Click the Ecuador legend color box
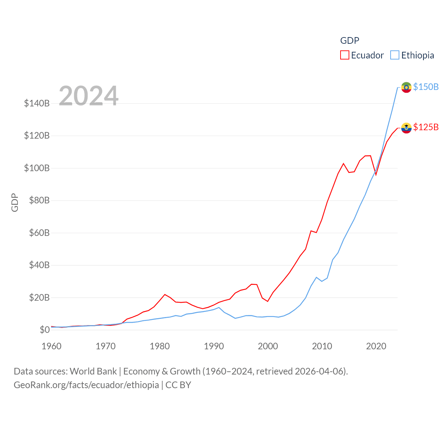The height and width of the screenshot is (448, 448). [345, 55]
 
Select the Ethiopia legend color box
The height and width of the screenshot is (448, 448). [395, 55]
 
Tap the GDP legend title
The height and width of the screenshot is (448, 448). [350, 41]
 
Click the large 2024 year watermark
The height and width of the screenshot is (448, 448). [89, 96]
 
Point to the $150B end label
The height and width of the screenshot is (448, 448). [426, 87]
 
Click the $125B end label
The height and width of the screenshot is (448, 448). [426, 127]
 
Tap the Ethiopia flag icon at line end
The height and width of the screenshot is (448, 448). [406, 87]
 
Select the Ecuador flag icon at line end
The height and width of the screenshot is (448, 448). [406, 128]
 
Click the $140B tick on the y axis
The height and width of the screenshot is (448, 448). [37, 103]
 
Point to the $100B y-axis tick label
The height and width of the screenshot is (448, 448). [37, 168]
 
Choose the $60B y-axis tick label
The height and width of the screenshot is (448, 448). [39, 233]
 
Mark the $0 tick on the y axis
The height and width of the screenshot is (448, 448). [44, 330]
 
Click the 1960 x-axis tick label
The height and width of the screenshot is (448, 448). [51, 346]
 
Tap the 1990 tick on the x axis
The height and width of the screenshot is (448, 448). [214, 346]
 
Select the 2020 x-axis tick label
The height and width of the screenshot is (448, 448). [376, 346]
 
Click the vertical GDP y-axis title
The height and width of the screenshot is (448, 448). [15, 202]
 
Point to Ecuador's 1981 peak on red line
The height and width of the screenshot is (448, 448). [165, 294]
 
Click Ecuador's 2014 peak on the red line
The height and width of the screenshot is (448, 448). [343, 163]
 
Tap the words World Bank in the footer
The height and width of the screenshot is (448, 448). [93, 371]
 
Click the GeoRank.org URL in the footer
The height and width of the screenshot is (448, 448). [86, 385]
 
